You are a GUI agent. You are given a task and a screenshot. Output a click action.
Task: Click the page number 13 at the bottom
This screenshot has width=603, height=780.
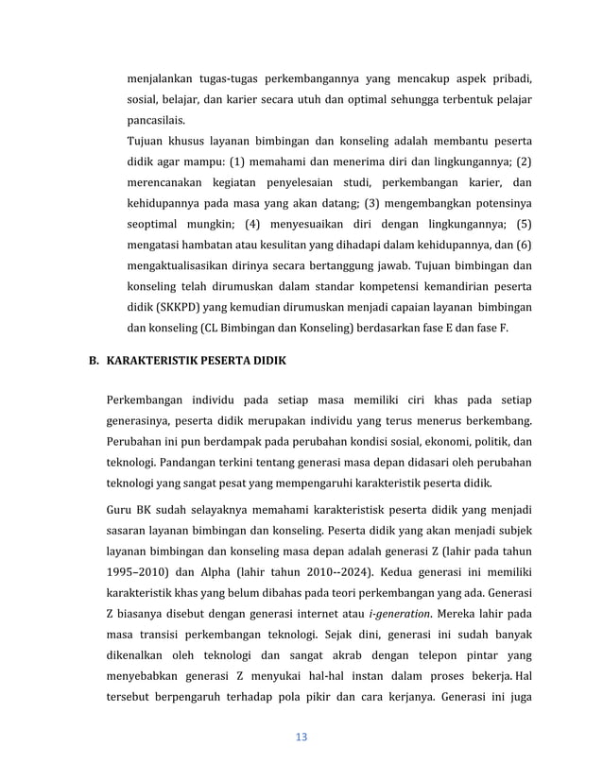click(x=301, y=737)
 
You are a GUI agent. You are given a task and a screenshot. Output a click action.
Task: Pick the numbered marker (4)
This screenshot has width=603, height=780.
click(x=246, y=224)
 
